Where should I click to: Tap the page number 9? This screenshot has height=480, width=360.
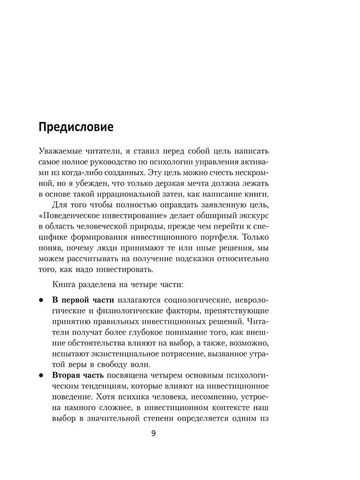[153, 433]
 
